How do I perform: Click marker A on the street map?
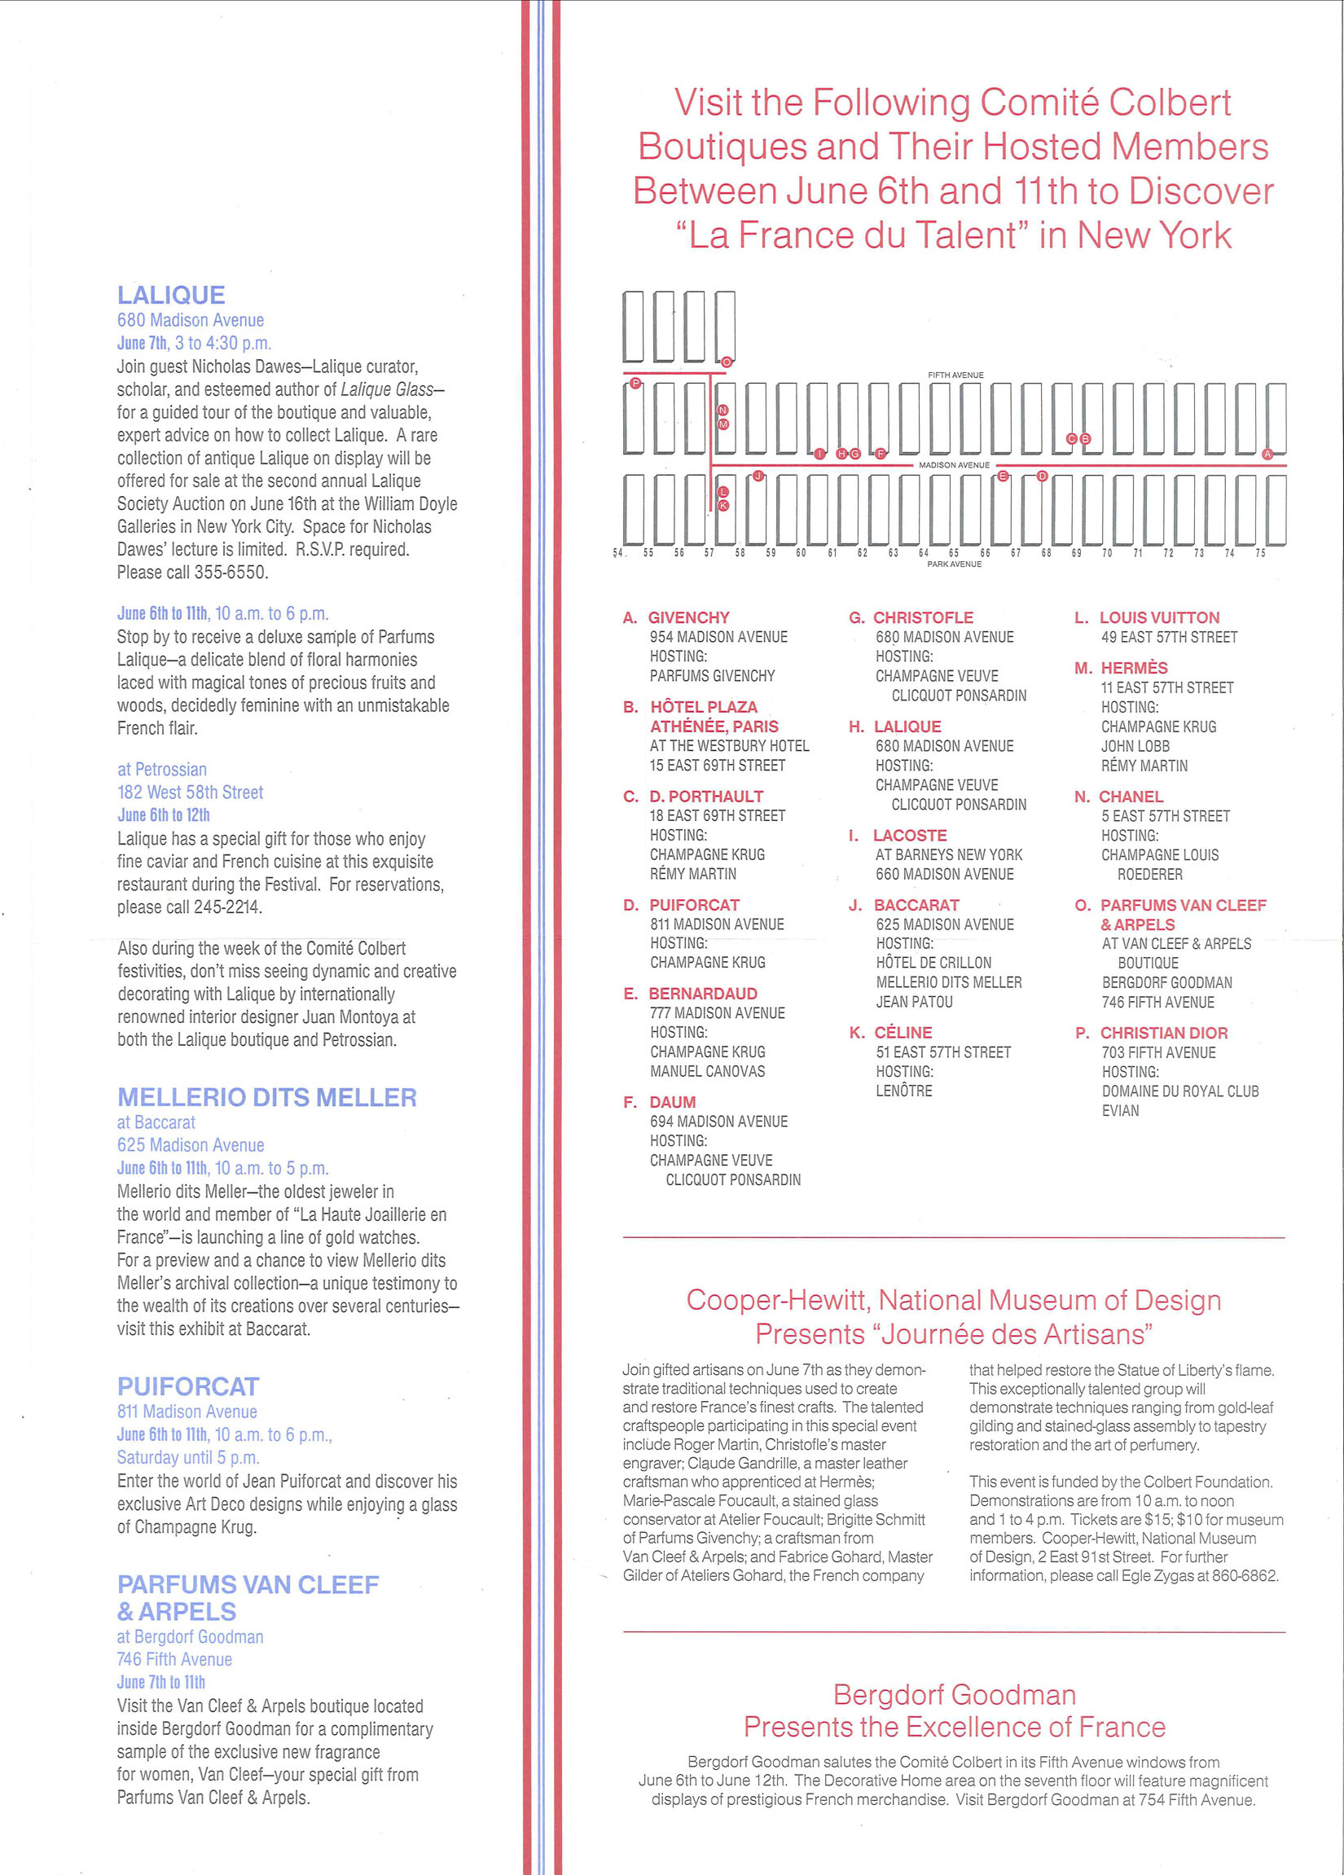click(x=1267, y=454)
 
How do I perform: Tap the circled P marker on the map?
click(x=635, y=383)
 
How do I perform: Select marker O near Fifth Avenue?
click(x=727, y=362)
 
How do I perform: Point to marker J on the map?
click(x=758, y=476)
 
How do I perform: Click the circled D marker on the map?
click(x=1043, y=476)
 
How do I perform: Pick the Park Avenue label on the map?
click(x=954, y=564)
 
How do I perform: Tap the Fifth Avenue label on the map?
click(x=955, y=375)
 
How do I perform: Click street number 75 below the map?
click(x=1259, y=553)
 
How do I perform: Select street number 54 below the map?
click(x=617, y=553)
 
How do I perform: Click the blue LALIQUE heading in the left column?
click(x=171, y=295)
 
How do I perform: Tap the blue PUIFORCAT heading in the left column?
click(x=188, y=1386)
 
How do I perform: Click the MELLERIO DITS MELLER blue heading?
click(x=267, y=1097)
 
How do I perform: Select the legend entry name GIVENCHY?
click(x=688, y=617)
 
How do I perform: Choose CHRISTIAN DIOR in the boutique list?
click(x=1163, y=1033)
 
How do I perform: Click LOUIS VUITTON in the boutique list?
click(x=1159, y=617)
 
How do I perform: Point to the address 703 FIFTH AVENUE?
click(x=1158, y=1052)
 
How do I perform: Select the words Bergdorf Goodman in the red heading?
click(x=954, y=1695)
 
